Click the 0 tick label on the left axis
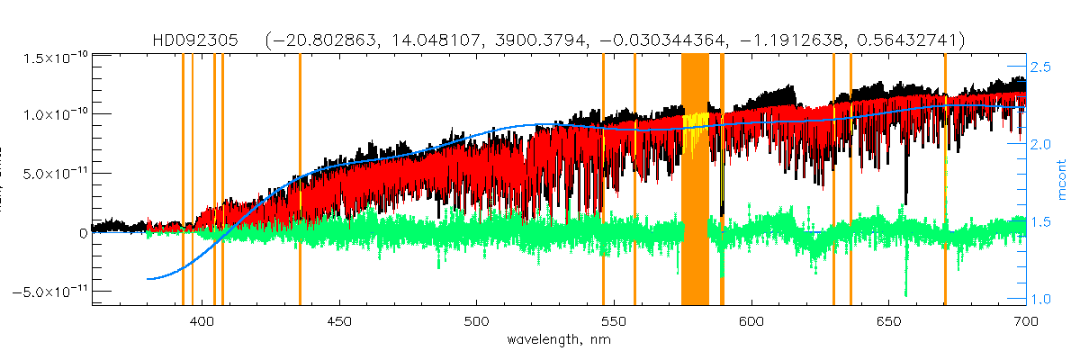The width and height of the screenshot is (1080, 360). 82,232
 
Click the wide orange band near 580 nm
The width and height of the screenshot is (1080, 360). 695,180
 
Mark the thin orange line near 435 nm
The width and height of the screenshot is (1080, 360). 300,180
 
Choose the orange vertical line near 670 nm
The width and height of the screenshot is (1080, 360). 945,180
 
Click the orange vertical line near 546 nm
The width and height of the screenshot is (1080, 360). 603,180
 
